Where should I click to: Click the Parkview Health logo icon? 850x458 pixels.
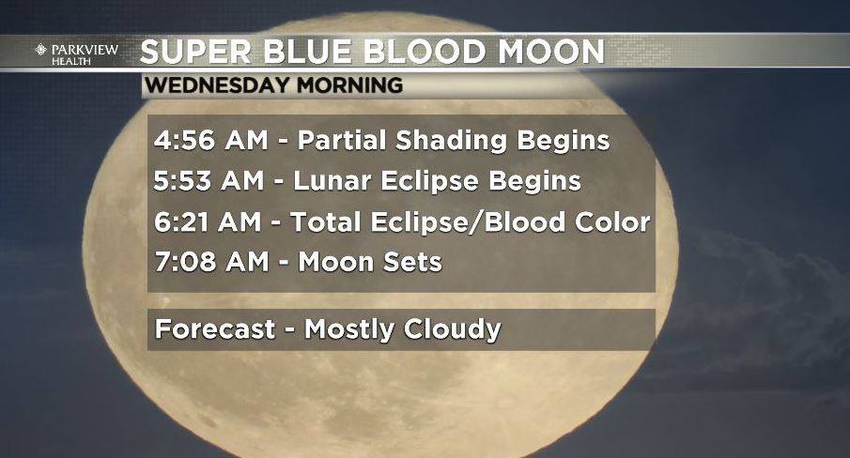41,50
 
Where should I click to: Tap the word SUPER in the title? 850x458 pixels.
195,52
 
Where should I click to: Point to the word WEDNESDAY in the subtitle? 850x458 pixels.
217,85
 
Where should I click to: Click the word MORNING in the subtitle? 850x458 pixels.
349,85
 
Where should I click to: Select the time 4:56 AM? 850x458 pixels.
211,140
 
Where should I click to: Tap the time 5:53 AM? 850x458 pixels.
209,181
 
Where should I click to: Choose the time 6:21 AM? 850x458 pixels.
208,222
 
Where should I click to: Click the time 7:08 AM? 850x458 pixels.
211,262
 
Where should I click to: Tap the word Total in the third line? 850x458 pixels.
326,222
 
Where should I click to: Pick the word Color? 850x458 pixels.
612,222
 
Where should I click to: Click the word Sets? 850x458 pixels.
413,262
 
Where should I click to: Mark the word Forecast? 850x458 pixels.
215,329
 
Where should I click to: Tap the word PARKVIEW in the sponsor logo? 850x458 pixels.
85,50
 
